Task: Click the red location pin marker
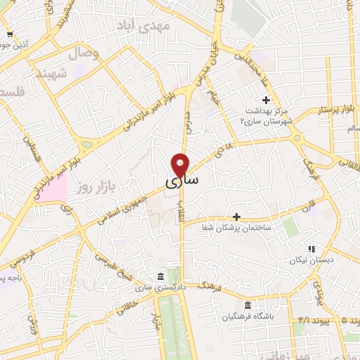tap(181, 165)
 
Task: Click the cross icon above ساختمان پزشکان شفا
tap(237, 217)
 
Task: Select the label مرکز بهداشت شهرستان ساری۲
tap(264, 117)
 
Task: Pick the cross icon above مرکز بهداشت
tap(266, 99)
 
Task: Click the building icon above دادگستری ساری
tap(162, 275)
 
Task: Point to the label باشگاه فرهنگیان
tap(247, 318)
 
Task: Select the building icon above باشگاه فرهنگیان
tap(247, 305)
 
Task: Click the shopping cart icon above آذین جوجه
tap(9, 34)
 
